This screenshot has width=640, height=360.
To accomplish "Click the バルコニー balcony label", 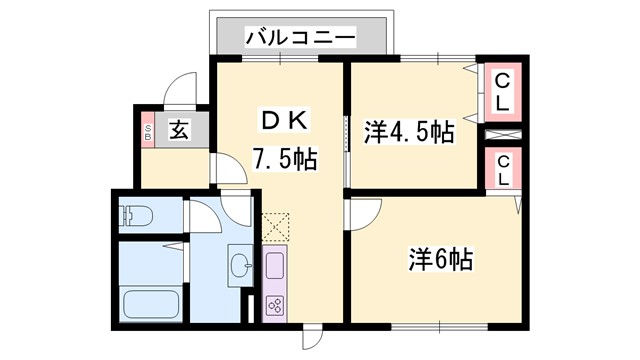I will [x=300, y=38].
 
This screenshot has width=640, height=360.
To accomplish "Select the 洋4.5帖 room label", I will [x=407, y=131].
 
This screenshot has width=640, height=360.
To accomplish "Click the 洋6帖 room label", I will [x=439, y=260].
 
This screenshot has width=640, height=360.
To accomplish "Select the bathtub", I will [x=149, y=304].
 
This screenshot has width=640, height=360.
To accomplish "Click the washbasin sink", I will [x=240, y=264].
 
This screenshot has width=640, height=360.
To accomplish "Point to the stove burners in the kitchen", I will [x=273, y=304].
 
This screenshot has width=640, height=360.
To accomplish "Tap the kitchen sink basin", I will [x=273, y=265].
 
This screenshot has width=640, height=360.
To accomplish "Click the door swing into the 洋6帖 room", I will [x=363, y=211].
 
